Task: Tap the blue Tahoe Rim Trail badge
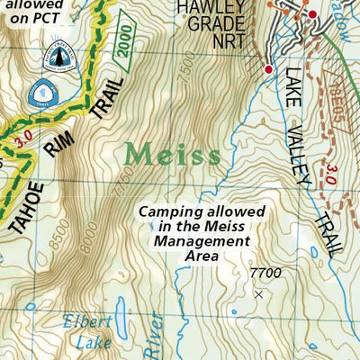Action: click(x=41, y=91)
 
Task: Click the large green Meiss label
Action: click(x=172, y=154)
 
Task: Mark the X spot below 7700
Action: click(x=259, y=294)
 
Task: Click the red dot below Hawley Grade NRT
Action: click(x=268, y=69)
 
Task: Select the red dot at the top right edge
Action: click(x=312, y=15)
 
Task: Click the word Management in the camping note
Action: click(x=201, y=241)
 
